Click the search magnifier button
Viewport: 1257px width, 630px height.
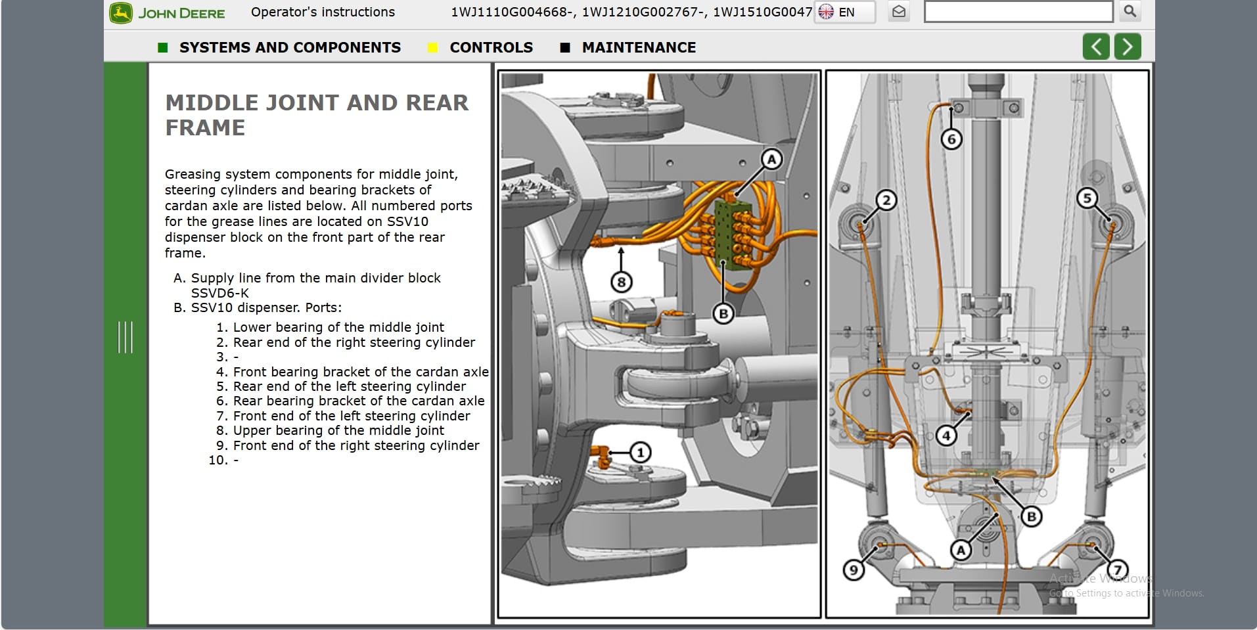[1130, 11]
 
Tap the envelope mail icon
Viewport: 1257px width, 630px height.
[899, 12]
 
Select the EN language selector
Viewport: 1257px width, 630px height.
[844, 12]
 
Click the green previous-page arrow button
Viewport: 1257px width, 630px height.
[1096, 47]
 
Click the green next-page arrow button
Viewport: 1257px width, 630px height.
[1128, 47]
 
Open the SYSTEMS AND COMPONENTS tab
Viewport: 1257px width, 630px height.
[289, 47]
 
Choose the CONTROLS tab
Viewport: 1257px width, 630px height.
[491, 47]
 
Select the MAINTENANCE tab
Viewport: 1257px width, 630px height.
[638, 47]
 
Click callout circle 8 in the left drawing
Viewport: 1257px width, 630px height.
[621, 282]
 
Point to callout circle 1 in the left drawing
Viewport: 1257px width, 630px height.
[640, 452]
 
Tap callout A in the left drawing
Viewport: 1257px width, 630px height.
[771, 159]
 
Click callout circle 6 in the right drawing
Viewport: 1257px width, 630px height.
[951, 139]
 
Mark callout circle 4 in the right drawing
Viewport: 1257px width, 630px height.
[946, 435]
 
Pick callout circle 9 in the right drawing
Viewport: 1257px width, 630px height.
[854, 570]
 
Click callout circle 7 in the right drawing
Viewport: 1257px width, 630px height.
[1117, 569]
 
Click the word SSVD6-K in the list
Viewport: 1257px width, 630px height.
[219, 293]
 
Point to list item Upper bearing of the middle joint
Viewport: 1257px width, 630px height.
[338, 430]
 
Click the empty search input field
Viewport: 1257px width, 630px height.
[1018, 12]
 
